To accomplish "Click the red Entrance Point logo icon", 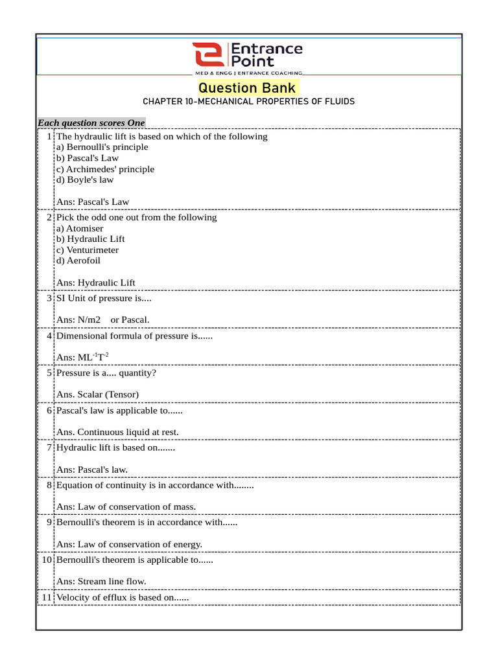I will pyautogui.click(x=207, y=56).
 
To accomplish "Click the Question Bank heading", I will pyautogui.click(x=247, y=88).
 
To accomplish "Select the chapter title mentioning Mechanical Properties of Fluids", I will pyautogui.click(x=248, y=102).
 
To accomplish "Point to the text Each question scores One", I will pyautogui.click(x=91, y=123).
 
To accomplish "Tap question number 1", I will pyautogui.click(x=51, y=137).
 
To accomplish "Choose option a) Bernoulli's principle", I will pyautogui.click(x=102, y=147).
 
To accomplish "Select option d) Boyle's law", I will pyautogui.click(x=85, y=180).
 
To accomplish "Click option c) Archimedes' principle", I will pyautogui.click(x=106, y=169).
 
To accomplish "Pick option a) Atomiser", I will pyautogui.click(x=80, y=228).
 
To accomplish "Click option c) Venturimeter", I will pyautogui.click(x=88, y=250).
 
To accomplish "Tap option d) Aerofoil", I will pyautogui.click(x=78, y=261).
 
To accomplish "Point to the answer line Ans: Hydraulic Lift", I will pyautogui.click(x=96, y=283).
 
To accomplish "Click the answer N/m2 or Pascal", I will pyautogui.click(x=103, y=320).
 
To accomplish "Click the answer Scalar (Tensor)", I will pyautogui.click(x=98, y=394).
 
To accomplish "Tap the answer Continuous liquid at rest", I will pyautogui.click(x=117, y=432).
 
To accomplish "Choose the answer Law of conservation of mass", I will pyautogui.click(x=126, y=506).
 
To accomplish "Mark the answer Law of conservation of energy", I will pyautogui.click(x=130, y=544).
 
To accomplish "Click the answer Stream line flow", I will pyautogui.click(x=101, y=582).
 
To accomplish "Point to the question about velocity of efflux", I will pyautogui.click(x=123, y=597).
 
